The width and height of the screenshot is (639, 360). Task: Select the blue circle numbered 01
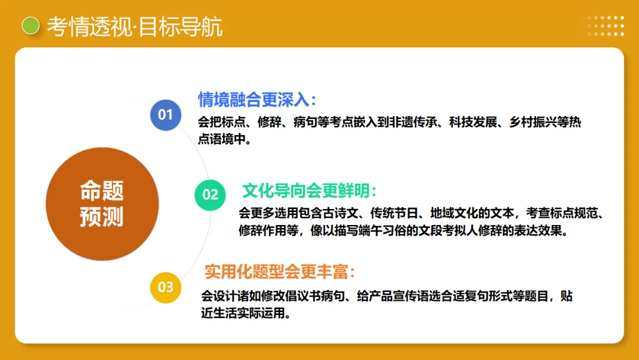pyautogui.click(x=165, y=115)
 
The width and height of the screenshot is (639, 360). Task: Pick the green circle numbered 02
pyautogui.click(x=210, y=194)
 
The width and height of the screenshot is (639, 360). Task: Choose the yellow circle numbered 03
pyautogui.click(x=166, y=288)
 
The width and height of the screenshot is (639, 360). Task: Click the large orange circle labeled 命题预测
pyautogui.click(x=102, y=204)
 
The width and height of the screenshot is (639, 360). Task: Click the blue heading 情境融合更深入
pyautogui.click(x=257, y=99)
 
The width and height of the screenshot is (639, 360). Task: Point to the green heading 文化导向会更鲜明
pyautogui.click(x=309, y=191)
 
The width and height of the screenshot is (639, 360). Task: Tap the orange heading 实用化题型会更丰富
pyautogui.click(x=280, y=272)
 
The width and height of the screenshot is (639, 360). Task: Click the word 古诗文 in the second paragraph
pyautogui.click(x=341, y=213)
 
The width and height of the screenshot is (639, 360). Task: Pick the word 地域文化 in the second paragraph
pyautogui.click(x=454, y=213)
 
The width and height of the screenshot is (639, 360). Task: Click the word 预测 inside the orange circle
pyautogui.click(x=102, y=217)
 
